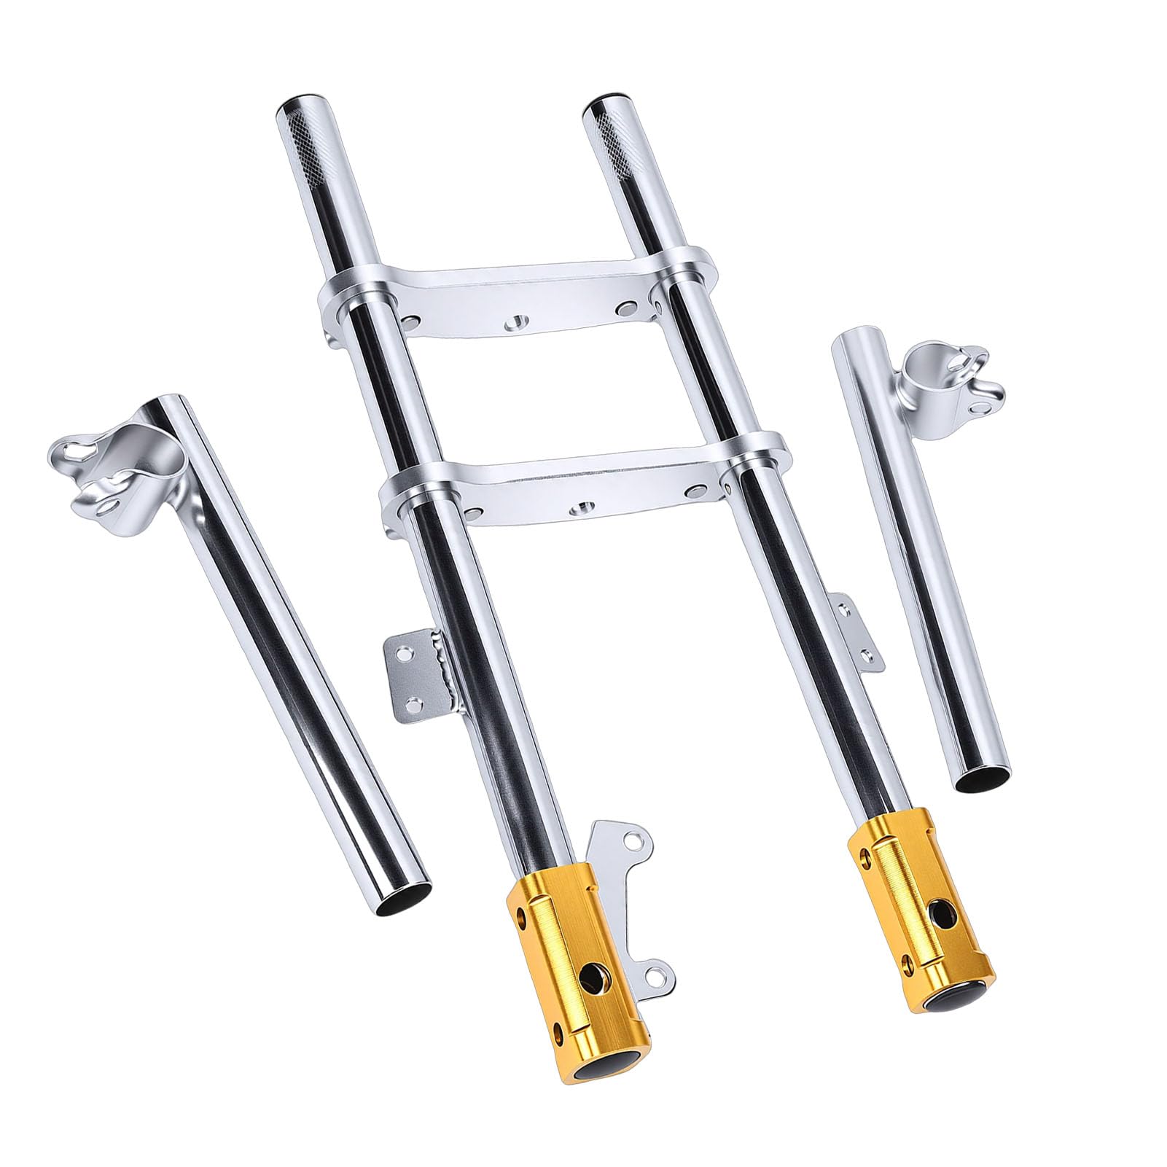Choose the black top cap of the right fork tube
[x=599, y=98]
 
